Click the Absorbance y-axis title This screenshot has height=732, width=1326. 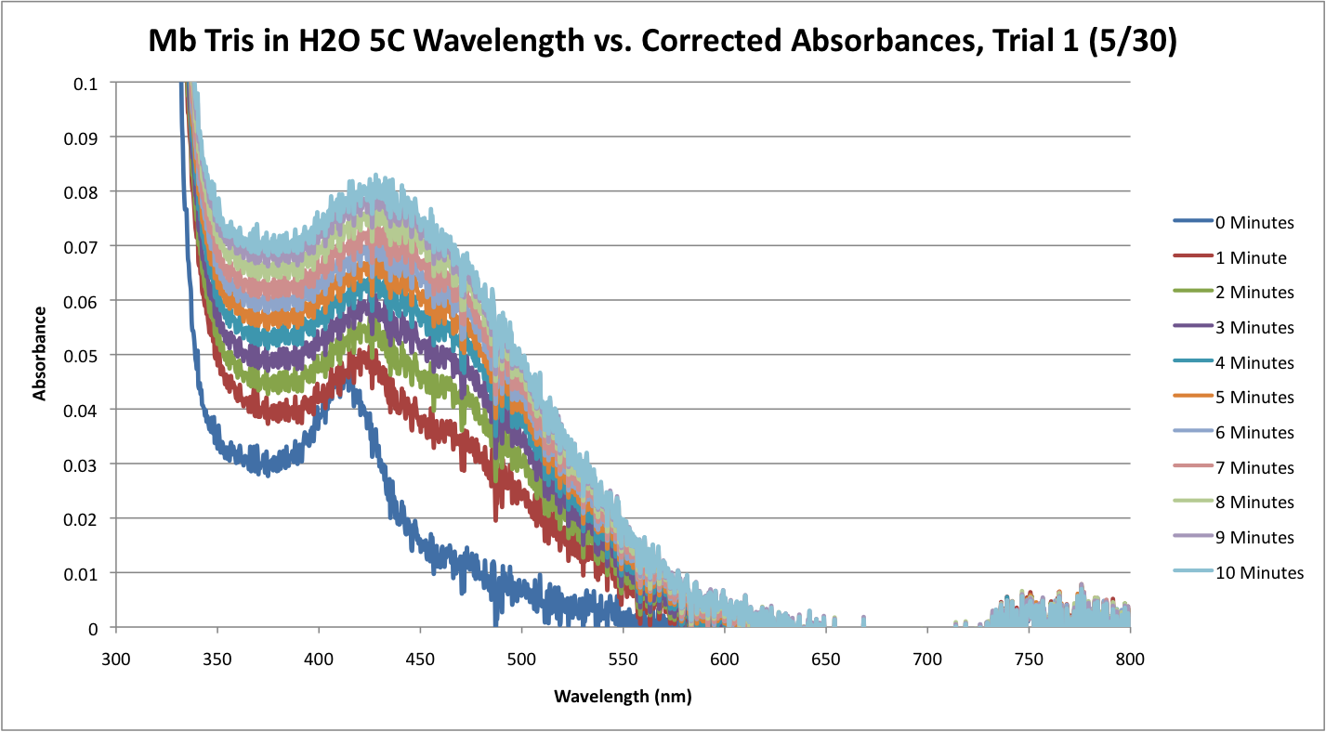pos(40,356)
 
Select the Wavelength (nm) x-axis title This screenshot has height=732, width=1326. pos(623,696)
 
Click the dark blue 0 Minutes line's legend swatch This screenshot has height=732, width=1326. pos(1193,223)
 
